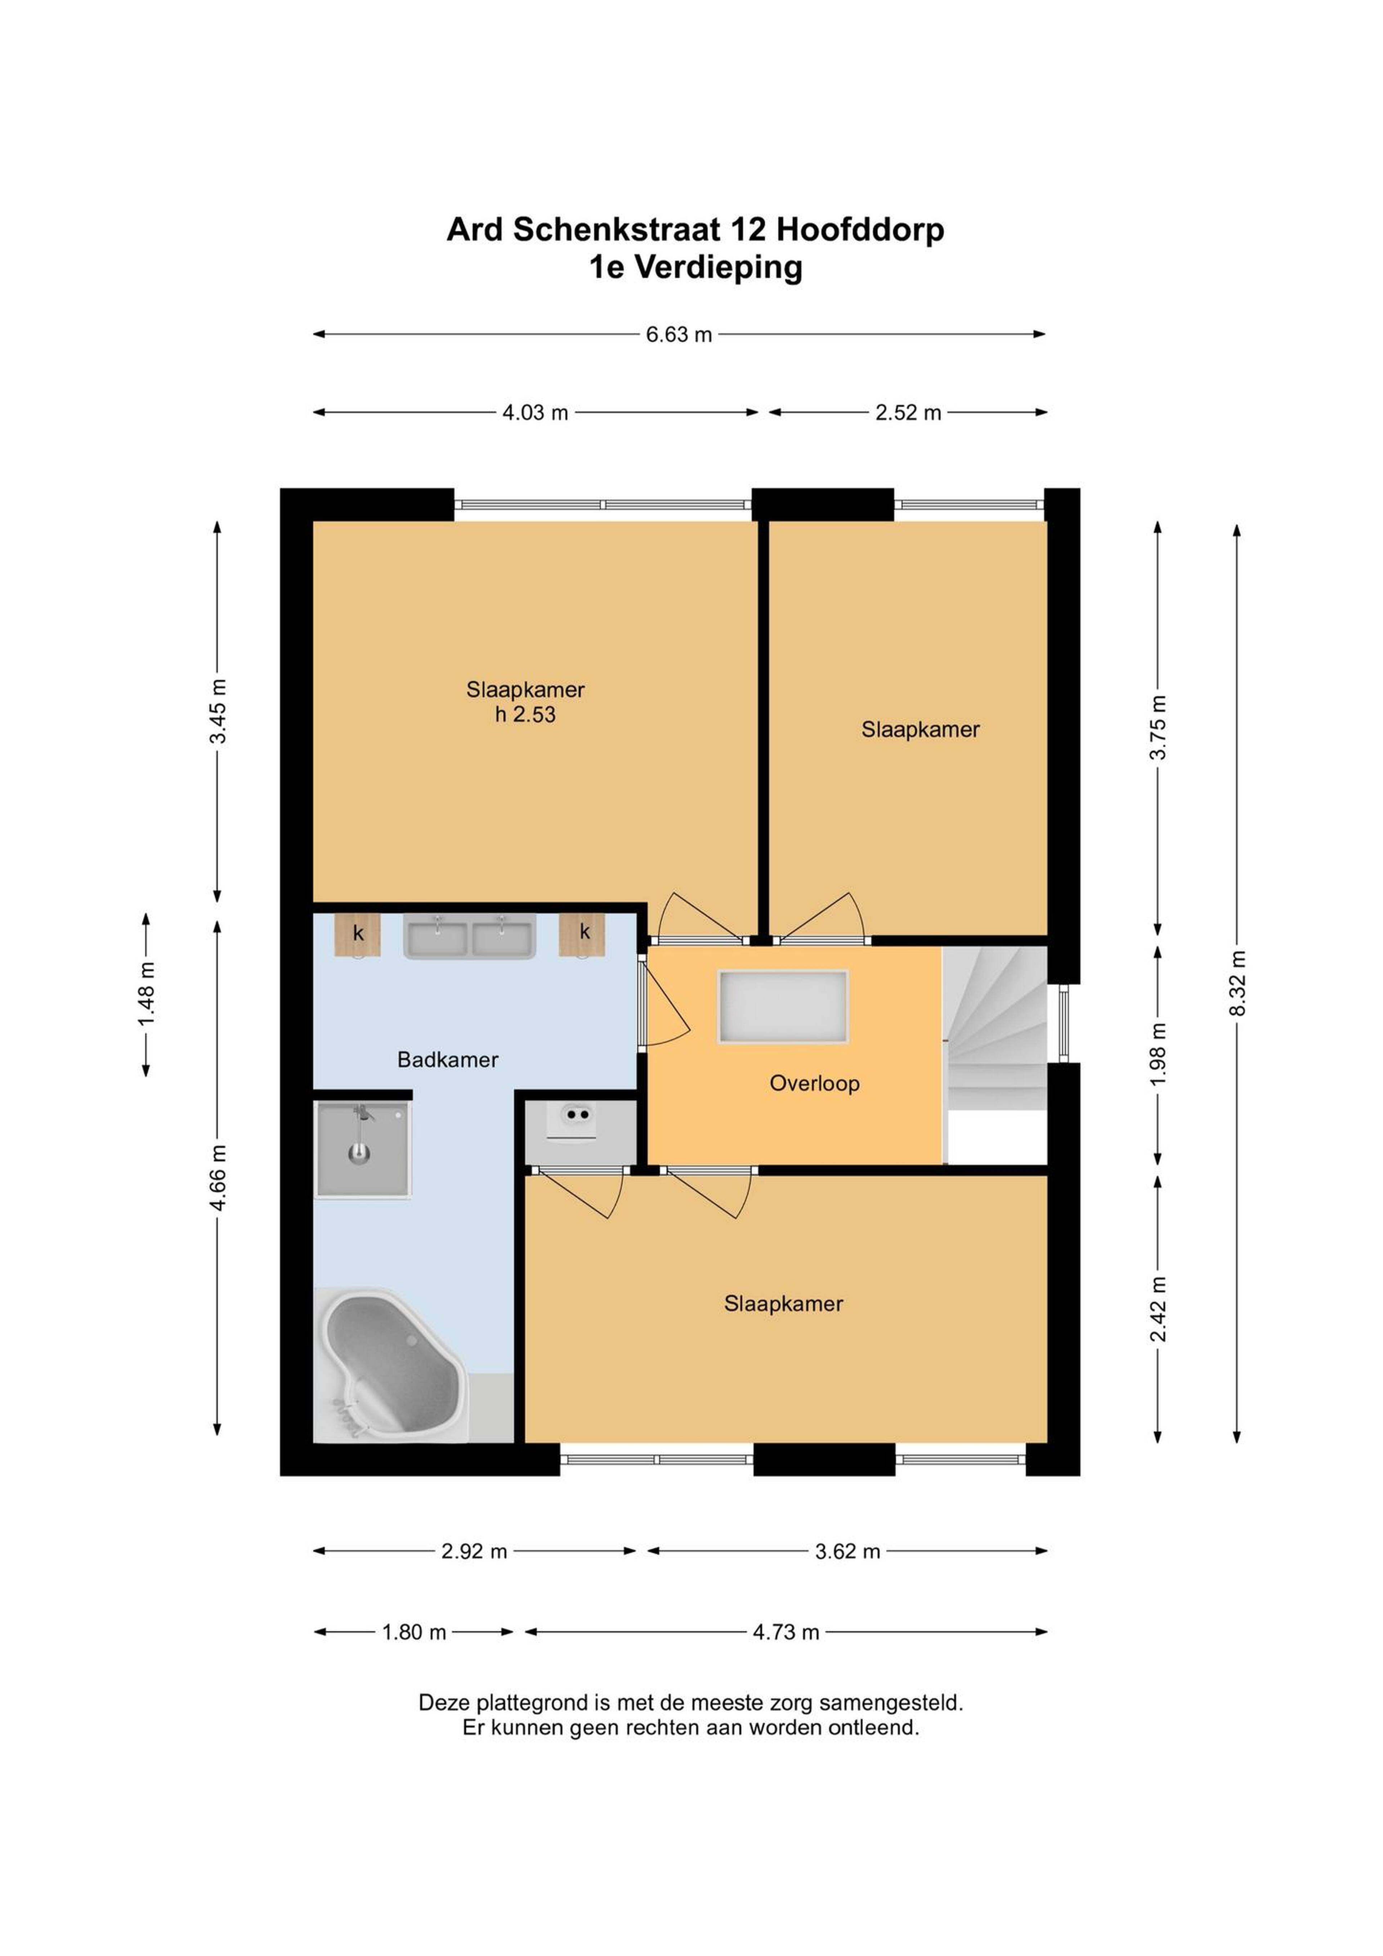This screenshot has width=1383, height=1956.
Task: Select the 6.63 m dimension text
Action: (x=678, y=334)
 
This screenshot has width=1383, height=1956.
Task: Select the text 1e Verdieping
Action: (x=695, y=268)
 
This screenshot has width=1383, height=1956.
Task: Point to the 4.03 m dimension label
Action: (x=535, y=412)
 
